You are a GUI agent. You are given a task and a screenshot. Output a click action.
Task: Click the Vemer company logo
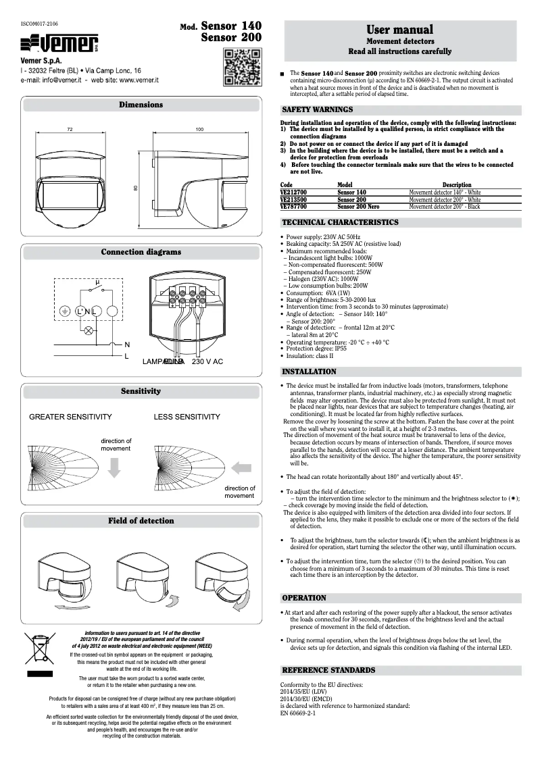coord(60,45)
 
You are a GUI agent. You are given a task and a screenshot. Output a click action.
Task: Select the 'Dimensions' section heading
coord(141,105)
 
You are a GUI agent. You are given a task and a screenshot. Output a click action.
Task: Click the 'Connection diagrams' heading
coord(141,252)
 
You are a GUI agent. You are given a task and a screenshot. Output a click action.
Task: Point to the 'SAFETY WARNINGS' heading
coord(317,109)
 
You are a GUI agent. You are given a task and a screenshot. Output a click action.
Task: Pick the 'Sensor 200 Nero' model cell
coord(358,207)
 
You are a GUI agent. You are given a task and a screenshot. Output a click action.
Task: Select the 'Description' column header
coord(457,184)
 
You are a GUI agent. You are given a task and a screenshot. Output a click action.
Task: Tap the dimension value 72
coord(70,129)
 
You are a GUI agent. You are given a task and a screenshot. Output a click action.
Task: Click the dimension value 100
coord(199,129)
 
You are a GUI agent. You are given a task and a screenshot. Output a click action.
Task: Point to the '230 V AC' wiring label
coord(207,362)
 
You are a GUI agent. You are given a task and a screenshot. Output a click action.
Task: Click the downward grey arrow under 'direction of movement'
coord(114,467)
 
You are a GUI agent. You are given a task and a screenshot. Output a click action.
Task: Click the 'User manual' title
coord(399,29)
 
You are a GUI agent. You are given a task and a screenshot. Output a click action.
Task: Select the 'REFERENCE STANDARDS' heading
coord(328,670)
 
